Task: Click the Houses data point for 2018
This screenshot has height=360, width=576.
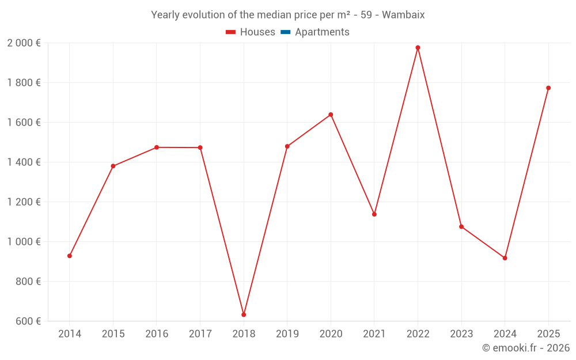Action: tap(244, 314)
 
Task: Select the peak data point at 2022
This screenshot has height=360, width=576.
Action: tap(418, 48)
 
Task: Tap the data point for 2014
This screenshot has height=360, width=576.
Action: tap(70, 256)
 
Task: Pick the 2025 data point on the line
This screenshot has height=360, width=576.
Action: tap(548, 88)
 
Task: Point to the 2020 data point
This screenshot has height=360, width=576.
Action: tap(331, 115)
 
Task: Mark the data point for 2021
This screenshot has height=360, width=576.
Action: tap(374, 214)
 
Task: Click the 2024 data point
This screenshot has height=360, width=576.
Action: tap(505, 258)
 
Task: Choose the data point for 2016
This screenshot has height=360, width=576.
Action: tap(157, 147)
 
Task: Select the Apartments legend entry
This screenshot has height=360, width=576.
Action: tap(322, 32)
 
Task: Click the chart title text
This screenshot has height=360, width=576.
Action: tap(287, 15)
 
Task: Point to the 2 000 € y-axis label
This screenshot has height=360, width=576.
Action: tap(24, 43)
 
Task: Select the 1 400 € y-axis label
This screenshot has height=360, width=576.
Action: tap(24, 162)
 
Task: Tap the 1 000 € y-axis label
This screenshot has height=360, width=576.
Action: tap(24, 242)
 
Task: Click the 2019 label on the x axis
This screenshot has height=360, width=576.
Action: tap(287, 334)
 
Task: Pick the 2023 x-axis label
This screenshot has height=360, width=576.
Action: tap(461, 334)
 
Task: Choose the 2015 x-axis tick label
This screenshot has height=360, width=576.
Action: tap(113, 334)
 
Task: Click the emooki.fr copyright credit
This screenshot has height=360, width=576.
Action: tap(525, 348)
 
